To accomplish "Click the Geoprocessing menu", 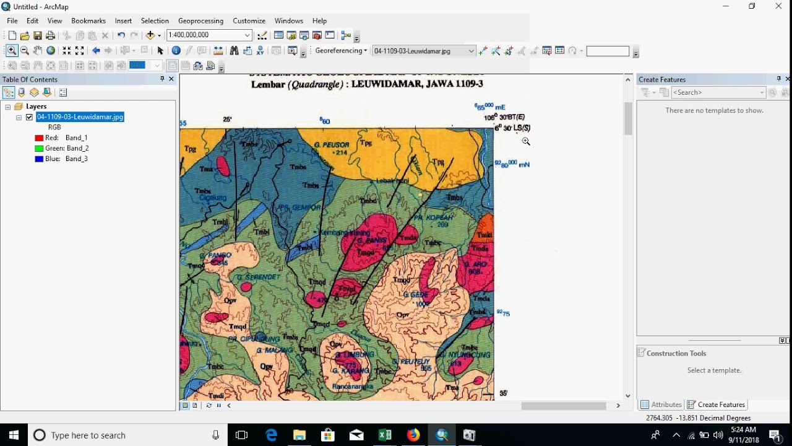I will pos(200,21).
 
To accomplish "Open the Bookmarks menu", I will pos(88,21).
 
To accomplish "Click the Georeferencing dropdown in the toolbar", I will pos(341,51).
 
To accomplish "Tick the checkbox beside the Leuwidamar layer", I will pos(29,117).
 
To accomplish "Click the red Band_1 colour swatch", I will pos(39,138).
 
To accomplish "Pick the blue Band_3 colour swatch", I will pos(39,159).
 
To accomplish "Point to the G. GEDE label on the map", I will pos(416,295).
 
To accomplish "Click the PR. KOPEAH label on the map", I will pos(433,217).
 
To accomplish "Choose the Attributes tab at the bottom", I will pos(661,404).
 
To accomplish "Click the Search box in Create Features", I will pos(718,92).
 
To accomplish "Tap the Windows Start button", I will pos(14,435).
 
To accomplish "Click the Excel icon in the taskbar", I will pos(385,435).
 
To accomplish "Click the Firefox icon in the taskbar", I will pos(413,435).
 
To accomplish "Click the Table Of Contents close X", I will pos(171,79).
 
